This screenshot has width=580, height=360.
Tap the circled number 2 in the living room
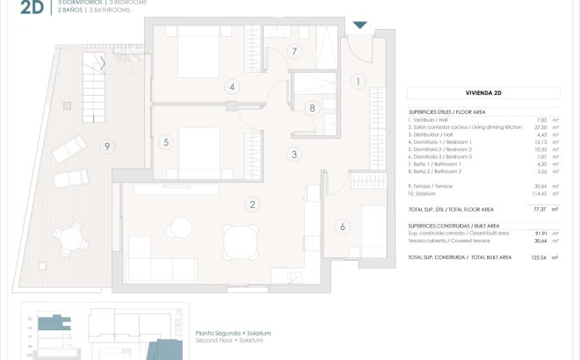252,205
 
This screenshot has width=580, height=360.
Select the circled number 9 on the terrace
106,146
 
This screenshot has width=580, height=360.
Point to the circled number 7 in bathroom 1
294,51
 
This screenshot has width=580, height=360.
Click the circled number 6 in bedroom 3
343,227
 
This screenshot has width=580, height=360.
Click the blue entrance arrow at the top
360,24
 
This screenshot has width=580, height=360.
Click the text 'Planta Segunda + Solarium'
233,335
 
